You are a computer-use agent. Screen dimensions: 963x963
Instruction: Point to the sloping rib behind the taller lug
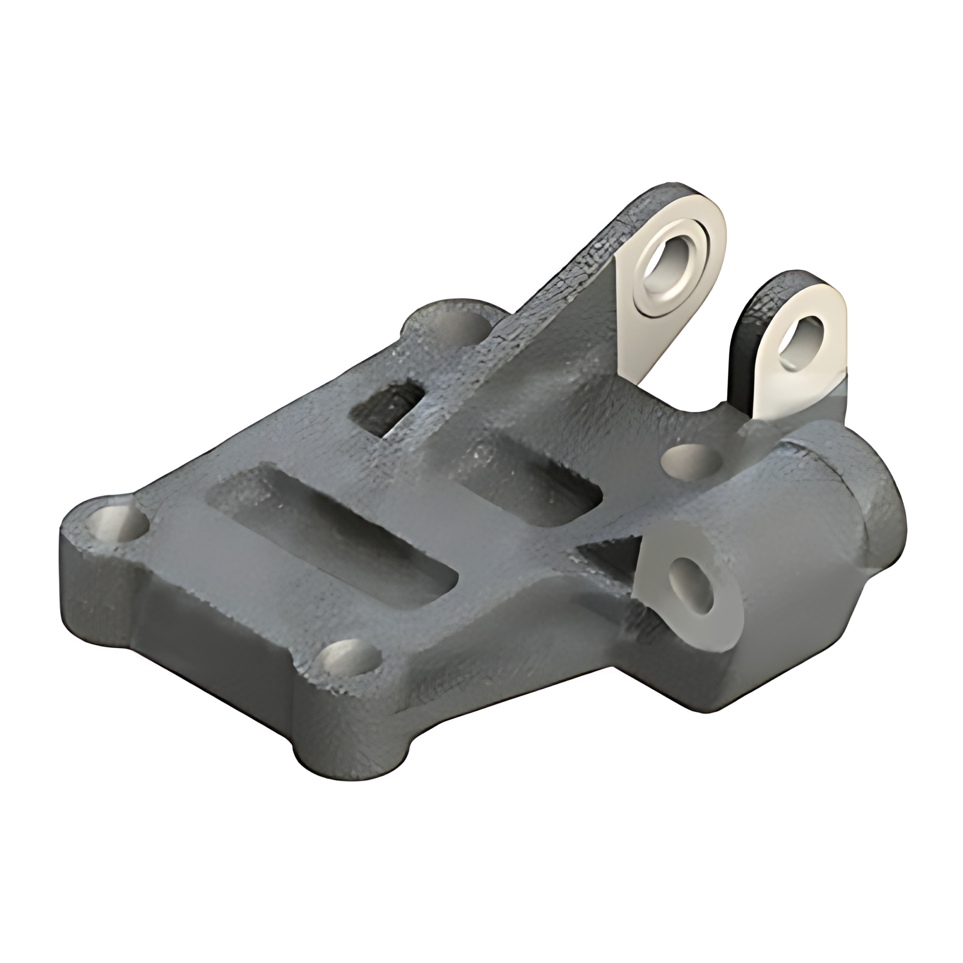(x=560, y=301)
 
